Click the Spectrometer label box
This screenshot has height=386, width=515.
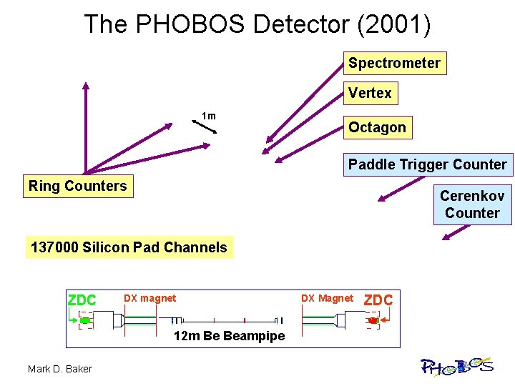pyautogui.click(x=394, y=63)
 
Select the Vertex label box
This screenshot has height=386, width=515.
pyautogui.click(x=370, y=93)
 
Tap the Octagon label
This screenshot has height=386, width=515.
pyautogui.click(x=377, y=127)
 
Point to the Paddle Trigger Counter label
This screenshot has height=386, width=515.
pyautogui.click(x=427, y=164)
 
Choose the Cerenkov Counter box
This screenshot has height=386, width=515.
pyautogui.click(x=472, y=204)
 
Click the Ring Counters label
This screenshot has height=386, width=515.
pyautogui.click(x=77, y=186)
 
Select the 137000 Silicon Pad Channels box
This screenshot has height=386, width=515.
pyautogui.click(x=129, y=247)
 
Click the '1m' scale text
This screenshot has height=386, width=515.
pyautogui.click(x=208, y=116)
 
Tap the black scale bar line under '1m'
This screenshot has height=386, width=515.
pyautogui.click(x=205, y=127)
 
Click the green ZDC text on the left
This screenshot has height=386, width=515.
pyautogui.click(x=82, y=300)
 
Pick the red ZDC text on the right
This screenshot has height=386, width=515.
pyautogui.click(x=378, y=300)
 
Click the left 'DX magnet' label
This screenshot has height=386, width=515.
pyautogui.click(x=149, y=298)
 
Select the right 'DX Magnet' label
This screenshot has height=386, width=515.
pyautogui.click(x=327, y=298)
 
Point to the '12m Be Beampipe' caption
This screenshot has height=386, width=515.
pyautogui.click(x=229, y=336)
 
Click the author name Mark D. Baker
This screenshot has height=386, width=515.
pyautogui.click(x=59, y=369)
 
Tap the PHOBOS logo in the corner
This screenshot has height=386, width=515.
pyautogui.click(x=456, y=367)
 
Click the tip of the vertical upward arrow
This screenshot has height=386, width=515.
pyautogui.click(x=85, y=85)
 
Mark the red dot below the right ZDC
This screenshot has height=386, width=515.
pyautogui.click(x=372, y=321)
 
